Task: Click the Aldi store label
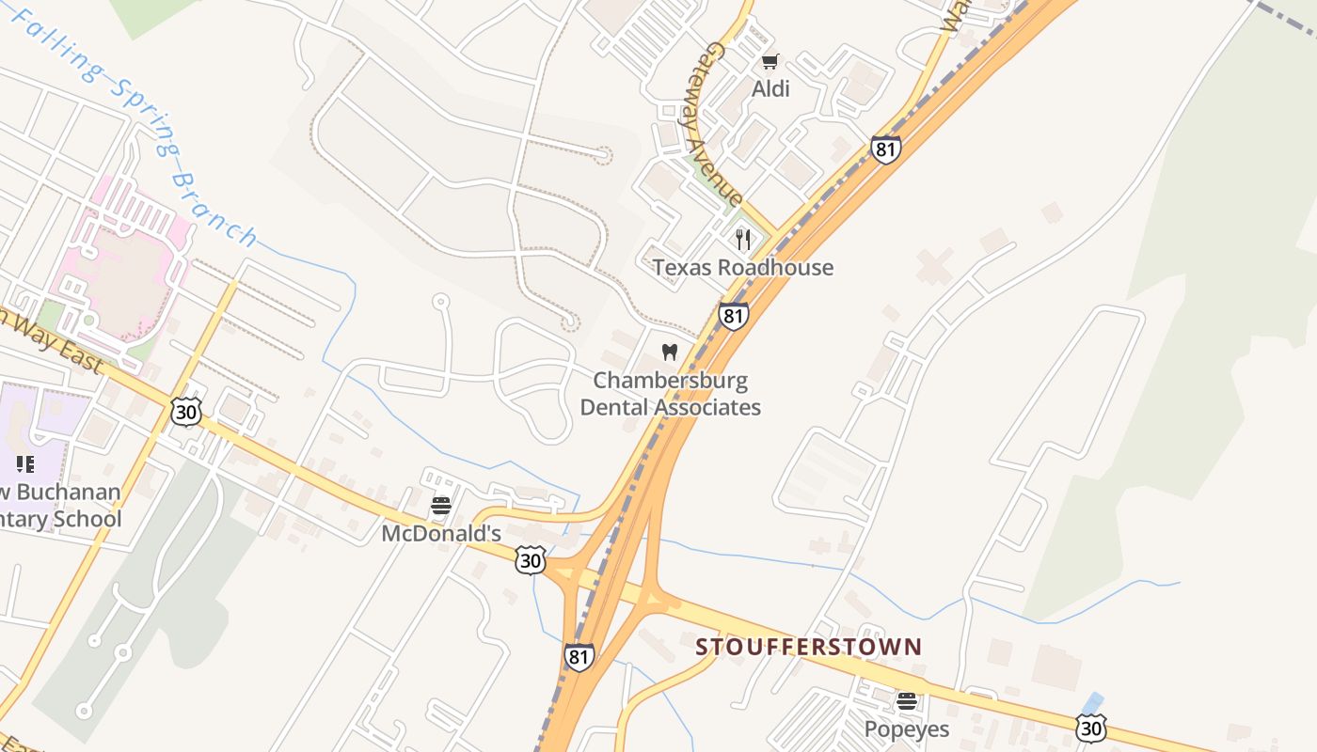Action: tap(770, 88)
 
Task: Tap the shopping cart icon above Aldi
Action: tap(770, 62)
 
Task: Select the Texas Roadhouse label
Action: tap(742, 267)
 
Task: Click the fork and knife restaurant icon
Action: tap(743, 239)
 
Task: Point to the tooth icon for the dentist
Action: tap(670, 352)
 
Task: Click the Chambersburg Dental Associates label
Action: tap(670, 394)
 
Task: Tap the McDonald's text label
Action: tap(440, 533)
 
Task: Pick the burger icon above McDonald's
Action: tap(440, 506)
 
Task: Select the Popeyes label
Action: tap(907, 728)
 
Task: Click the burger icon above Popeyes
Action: tap(906, 700)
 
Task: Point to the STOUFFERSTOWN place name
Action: tap(808, 647)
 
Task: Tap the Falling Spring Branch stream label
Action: tap(132, 122)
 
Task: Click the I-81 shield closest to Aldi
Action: tap(885, 149)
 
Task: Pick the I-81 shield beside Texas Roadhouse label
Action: tap(733, 315)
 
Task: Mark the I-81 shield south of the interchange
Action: tap(579, 656)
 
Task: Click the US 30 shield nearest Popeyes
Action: tap(1090, 727)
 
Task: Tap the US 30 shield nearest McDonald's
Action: tap(530, 560)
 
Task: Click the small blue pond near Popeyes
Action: tap(1092, 703)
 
